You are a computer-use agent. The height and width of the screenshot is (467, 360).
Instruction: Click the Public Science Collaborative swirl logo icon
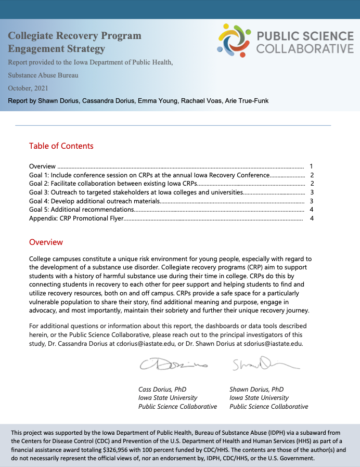(x=234, y=40)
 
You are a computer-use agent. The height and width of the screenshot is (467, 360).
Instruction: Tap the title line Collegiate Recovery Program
(x=74, y=36)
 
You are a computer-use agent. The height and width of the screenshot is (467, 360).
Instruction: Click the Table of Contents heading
(x=61, y=146)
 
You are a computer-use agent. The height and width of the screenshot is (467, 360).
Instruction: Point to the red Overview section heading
(x=46, y=242)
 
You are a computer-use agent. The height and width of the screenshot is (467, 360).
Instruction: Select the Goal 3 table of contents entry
(x=136, y=192)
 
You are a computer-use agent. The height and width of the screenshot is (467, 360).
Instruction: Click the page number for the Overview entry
(x=311, y=166)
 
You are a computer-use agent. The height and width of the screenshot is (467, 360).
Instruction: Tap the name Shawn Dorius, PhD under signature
(x=256, y=389)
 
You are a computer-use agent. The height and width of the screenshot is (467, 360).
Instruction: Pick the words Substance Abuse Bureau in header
(x=43, y=75)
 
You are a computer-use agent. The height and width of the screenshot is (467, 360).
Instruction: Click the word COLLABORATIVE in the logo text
(x=305, y=49)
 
